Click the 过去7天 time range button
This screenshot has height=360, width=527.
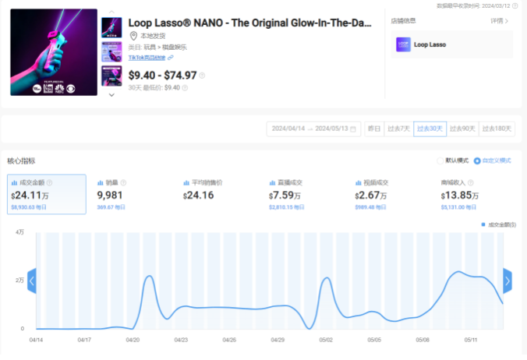399,129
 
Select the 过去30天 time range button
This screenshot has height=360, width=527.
430,129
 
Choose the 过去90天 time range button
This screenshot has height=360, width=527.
462,129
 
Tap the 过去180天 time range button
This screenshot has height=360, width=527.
497,129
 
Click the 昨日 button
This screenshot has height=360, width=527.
374,129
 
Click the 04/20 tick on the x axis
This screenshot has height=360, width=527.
133,340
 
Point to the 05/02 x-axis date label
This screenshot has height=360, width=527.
326,340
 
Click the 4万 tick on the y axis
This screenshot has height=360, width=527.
19,232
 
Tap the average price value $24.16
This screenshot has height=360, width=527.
197,195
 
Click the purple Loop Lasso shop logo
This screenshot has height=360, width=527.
403,45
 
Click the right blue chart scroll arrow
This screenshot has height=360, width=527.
508,281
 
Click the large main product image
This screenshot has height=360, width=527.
54,52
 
